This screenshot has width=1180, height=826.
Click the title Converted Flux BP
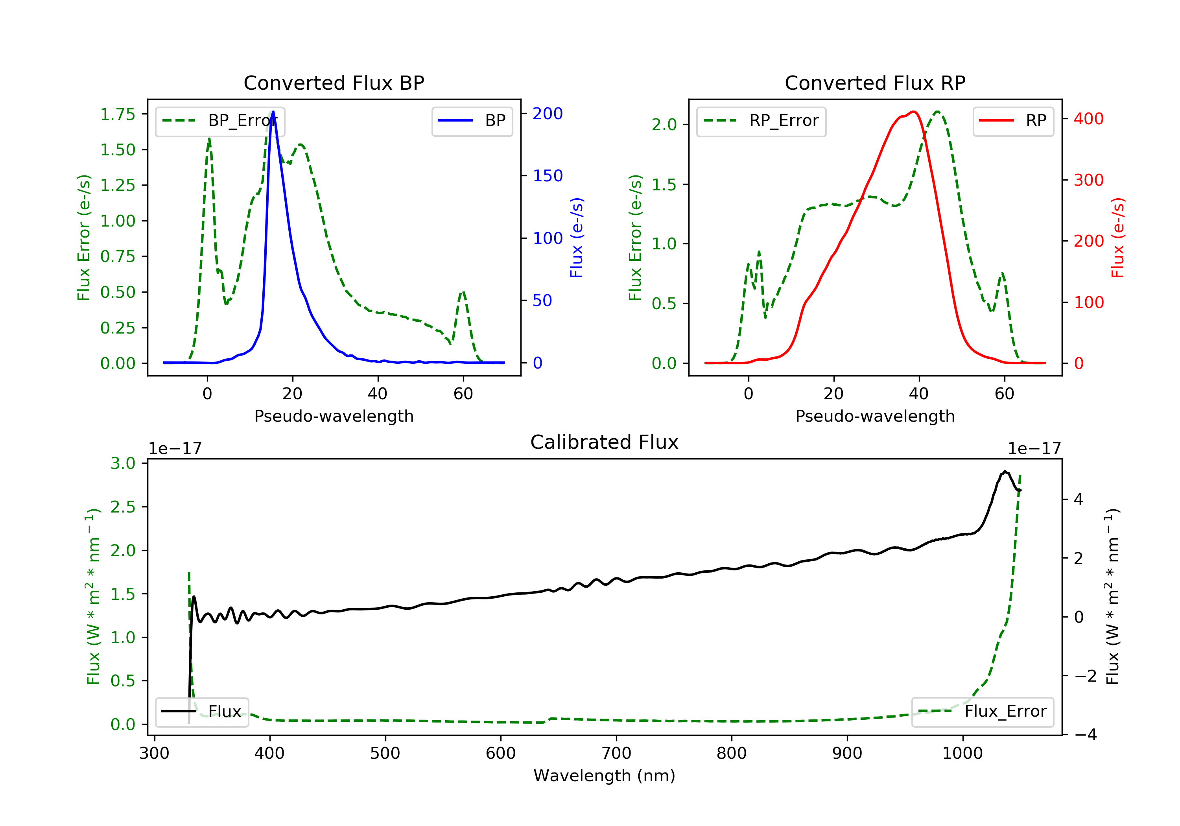pos(334,83)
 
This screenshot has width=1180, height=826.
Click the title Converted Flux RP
pos(875,83)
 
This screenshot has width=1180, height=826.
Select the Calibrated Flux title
pos(605,442)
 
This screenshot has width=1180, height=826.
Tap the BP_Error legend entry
pos(220,121)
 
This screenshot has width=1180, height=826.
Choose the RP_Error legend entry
pos(761,121)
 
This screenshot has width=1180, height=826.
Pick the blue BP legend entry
pos(472,121)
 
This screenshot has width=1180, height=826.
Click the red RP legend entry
pos(1013,121)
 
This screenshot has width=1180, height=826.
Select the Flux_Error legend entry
pos(982,712)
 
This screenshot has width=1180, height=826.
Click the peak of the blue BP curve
pos(273,112)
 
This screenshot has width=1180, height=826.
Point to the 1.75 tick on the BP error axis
pos(118,114)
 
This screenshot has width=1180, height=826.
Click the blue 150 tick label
pos(548,176)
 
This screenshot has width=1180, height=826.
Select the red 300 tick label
pos(1088,180)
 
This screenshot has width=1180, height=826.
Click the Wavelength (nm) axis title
pos(605,776)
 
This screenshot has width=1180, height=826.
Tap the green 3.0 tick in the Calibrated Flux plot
pos(123,464)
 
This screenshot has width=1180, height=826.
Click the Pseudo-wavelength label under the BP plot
pos(334,416)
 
